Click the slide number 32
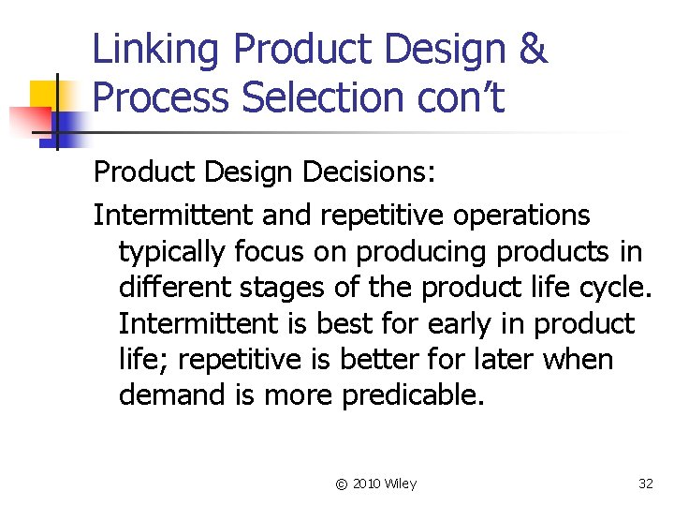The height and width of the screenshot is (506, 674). pyautogui.click(x=645, y=484)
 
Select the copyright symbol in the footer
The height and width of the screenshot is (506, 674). pyautogui.click(x=341, y=484)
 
